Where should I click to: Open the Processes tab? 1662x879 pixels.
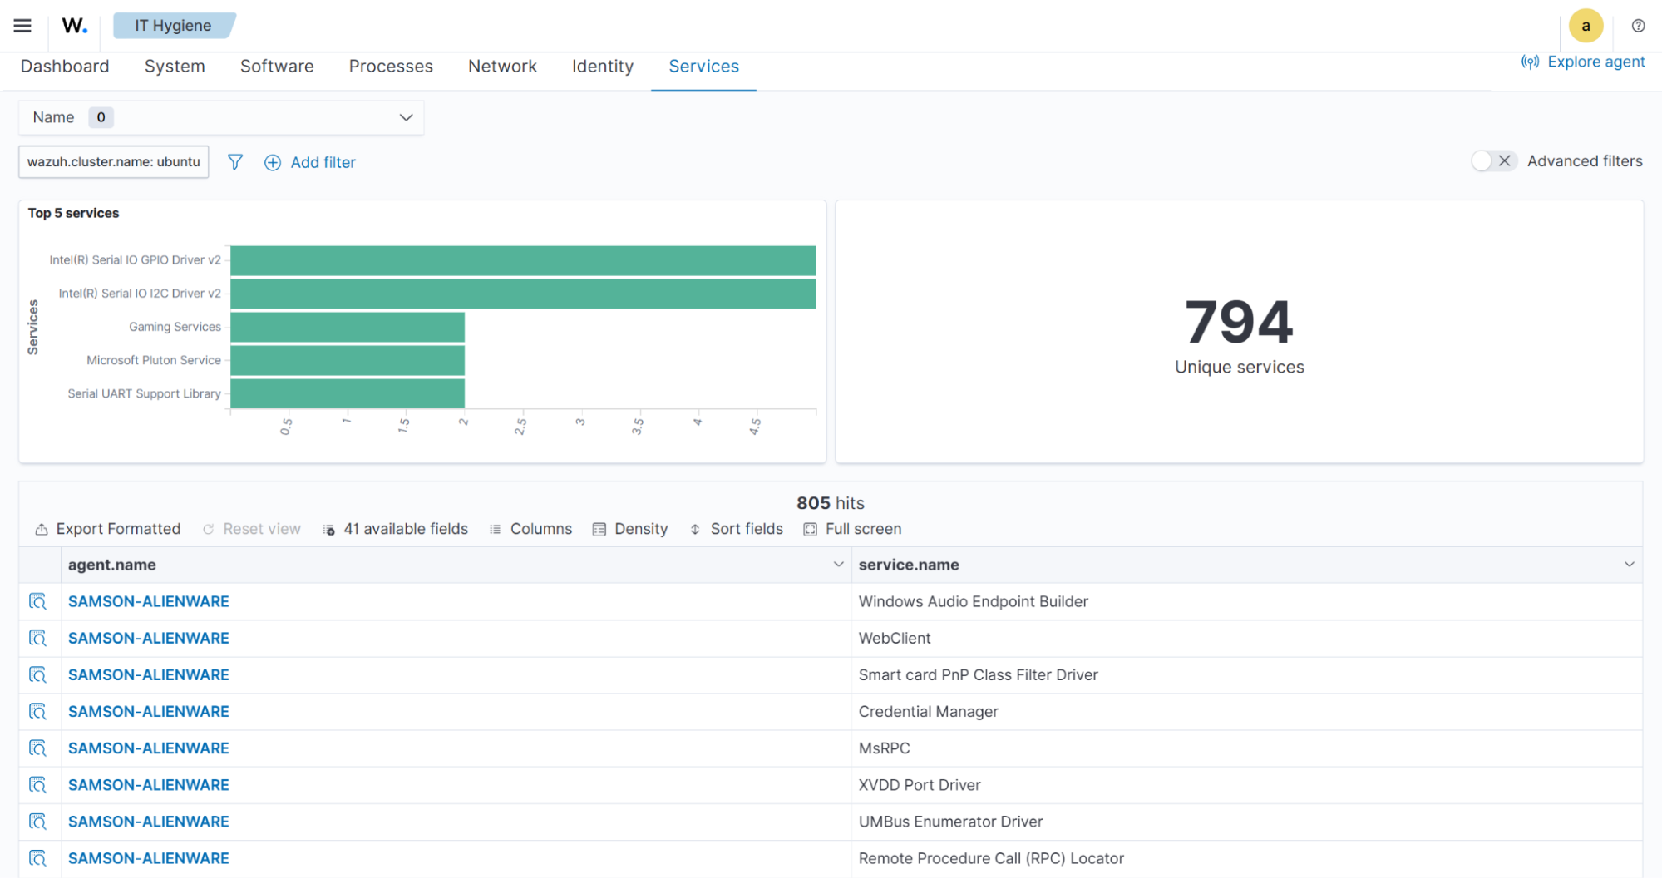[x=391, y=67]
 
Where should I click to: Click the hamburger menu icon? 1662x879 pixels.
[x=22, y=26]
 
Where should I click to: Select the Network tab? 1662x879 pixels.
[x=502, y=67]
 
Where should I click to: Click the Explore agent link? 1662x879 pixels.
[x=1584, y=62]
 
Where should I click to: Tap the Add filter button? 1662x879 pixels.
[x=310, y=162]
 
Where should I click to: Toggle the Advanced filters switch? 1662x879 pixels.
[x=1493, y=161]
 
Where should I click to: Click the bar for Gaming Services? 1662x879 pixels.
[x=348, y=327]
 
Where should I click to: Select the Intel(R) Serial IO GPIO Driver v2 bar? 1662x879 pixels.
[x=523, y=260]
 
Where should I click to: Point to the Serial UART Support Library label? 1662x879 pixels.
[x=144, y=393]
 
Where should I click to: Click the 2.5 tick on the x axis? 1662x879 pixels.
[x=521, y=426]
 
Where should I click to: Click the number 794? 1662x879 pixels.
[x=1239, y=323]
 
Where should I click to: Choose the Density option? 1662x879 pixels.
[x=630, y=529]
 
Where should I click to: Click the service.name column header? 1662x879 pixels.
[x=909, y=565]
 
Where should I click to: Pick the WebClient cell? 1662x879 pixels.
[x=895, y=638]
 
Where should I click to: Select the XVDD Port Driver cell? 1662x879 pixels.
[x=920, y=785]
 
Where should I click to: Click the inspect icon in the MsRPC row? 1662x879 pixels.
[x=37, y=748]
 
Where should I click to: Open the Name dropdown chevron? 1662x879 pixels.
[x=406, y=117]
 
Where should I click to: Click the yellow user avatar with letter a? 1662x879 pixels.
[x=1586, y=26]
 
